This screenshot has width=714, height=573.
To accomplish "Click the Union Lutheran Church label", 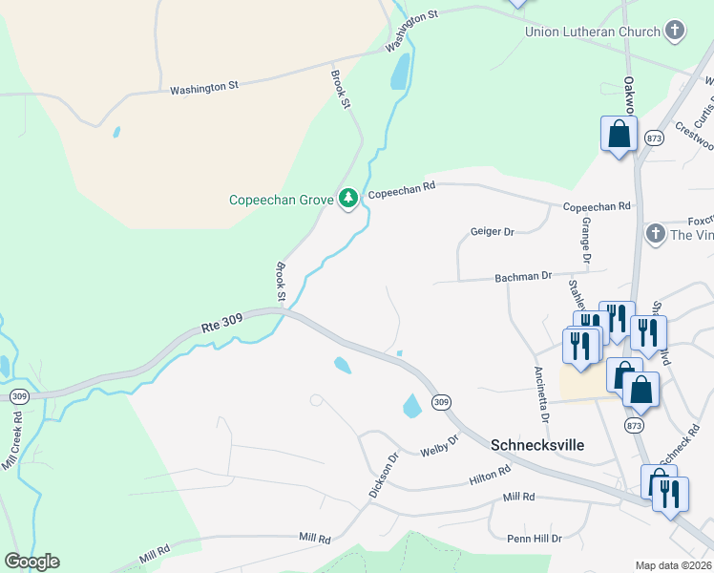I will [x=592, y=32].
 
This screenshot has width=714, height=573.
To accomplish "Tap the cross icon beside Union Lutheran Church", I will [x=675, y=31].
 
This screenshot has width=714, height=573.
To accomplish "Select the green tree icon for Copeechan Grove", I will [x=349, y=198].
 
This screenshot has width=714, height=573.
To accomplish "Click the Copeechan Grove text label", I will [x=281, y=200].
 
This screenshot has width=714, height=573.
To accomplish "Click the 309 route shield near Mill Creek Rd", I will [x=18, y=395].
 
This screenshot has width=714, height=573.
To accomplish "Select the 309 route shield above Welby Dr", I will [x=440, y=403].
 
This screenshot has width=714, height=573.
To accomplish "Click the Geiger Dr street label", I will [x=493, y=232].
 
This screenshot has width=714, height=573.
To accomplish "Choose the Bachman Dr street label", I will [x=523, y=276].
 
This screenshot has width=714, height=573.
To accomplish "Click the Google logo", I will [x=31, y=562].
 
